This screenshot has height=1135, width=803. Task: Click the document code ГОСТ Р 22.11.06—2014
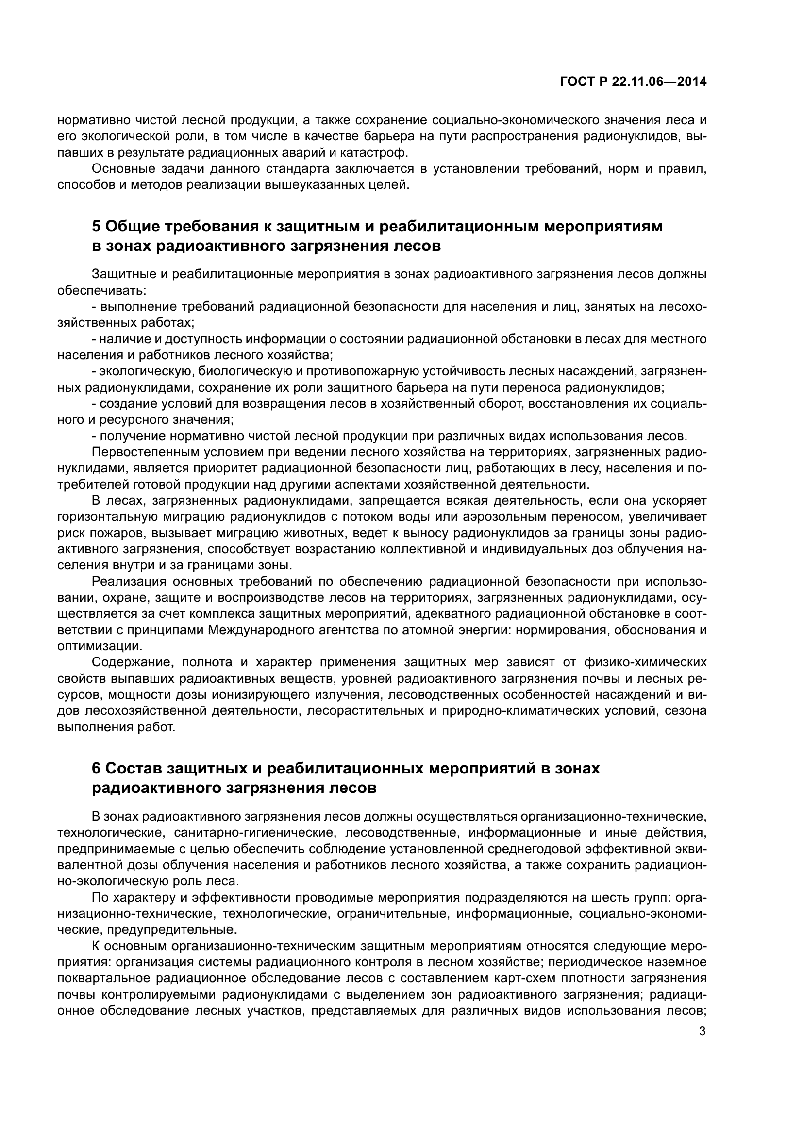[633, 82]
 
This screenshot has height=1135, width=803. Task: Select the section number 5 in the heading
[97, 227]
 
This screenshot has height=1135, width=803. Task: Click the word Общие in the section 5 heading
[132, 227]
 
